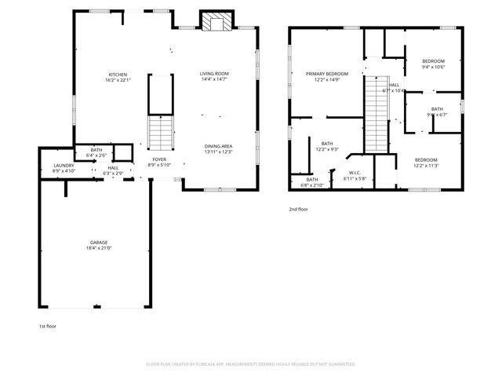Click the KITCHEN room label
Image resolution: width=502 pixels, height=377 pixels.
[118, 73]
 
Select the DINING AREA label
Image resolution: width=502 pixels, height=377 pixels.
[218, 145]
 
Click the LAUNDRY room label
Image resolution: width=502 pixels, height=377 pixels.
[64, 165]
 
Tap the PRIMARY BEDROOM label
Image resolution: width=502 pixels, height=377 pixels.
[326, 73]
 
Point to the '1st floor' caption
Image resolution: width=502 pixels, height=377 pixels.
[48, 325]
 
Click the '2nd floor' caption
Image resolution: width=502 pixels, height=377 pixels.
[298, 209]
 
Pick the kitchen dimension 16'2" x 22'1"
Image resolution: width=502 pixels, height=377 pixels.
[118, 79]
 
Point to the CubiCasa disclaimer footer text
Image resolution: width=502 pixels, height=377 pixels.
[251, 364]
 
